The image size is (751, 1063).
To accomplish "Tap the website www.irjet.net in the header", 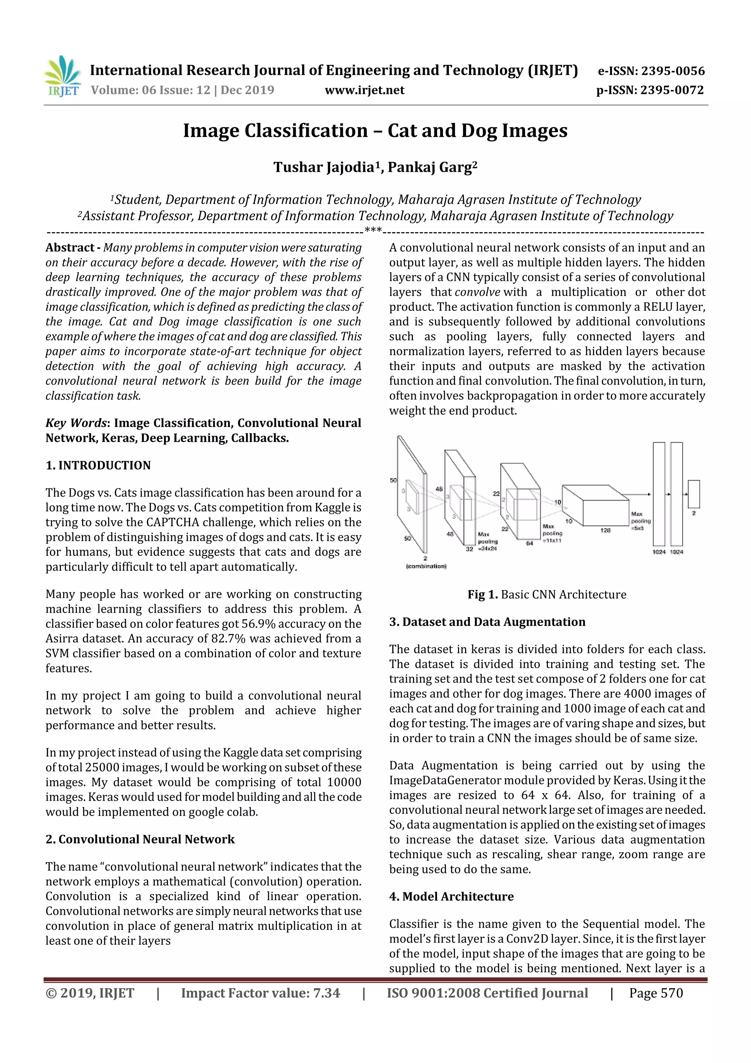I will [x=364, y=90].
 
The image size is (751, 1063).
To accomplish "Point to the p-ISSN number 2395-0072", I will [x=672, y=90].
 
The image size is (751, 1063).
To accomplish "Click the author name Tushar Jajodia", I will [x=323, y=167].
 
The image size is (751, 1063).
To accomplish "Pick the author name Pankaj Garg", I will [x=431, y=167].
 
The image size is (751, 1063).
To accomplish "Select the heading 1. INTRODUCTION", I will [x=98, y=465].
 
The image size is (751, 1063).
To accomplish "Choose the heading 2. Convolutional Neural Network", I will [x=140, y=840].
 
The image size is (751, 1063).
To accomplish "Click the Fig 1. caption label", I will [x=482, y=594].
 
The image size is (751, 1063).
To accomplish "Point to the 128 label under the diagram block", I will [x=605, y=530].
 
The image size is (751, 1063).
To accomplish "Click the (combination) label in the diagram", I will [x=426, y=566].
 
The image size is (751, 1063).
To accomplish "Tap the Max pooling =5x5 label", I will [x=640, y=521].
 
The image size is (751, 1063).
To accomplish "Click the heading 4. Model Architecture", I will [x=451, y=897].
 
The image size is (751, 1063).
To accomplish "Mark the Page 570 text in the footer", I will [x=656, y=993].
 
